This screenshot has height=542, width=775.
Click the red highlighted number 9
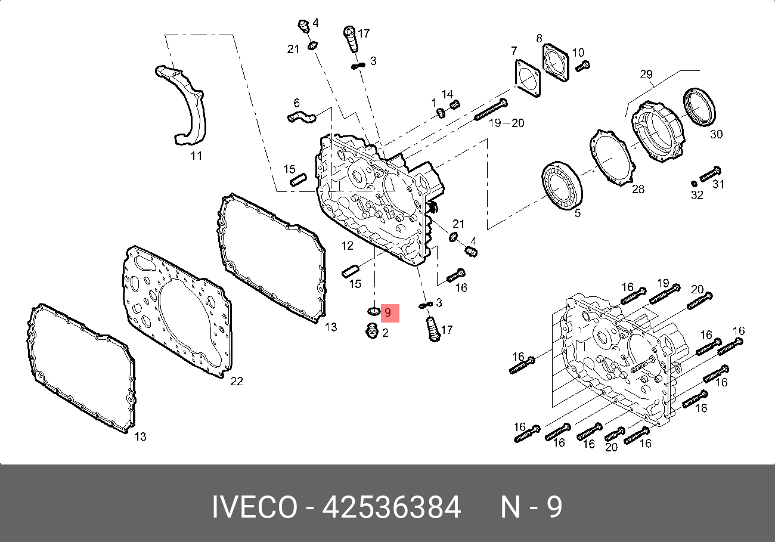point(388,312)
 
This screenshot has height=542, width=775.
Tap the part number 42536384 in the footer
point(391,507)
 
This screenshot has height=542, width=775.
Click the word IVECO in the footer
point(255,507)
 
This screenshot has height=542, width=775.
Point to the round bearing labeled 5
point(562,185)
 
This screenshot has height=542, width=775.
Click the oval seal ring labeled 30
point(699,107)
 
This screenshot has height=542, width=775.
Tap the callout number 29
point(646,74)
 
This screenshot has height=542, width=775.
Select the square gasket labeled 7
point(528,79)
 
